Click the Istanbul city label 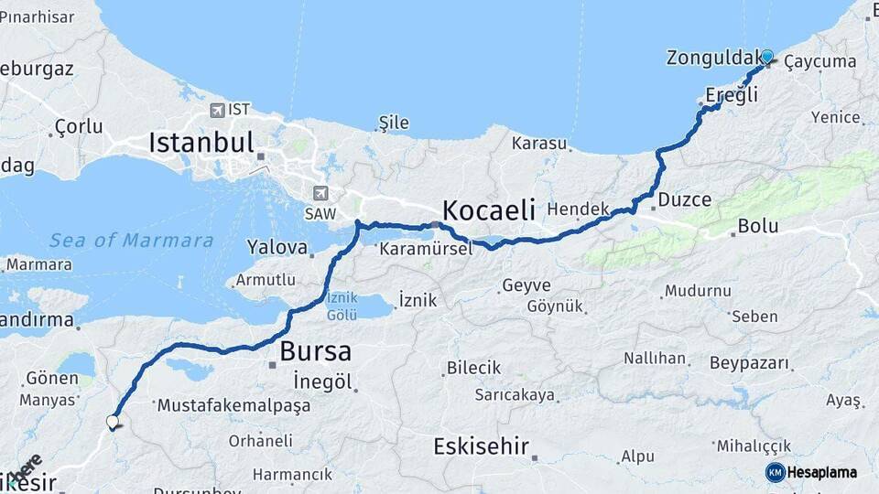click(201, 143)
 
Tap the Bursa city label click(315, 350)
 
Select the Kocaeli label click(489, 210)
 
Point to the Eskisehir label click(482, 447)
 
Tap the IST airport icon click(217, 110)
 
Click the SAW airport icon click(320, 193)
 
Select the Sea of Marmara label click(131, 241)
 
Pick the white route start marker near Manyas click(113, 422)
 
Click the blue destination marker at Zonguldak click(766, 56)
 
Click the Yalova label click(277, 247)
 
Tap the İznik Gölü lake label click(342, 306)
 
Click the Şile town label click(394, 123)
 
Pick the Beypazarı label click(749, 363)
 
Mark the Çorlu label click(79, 126)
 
